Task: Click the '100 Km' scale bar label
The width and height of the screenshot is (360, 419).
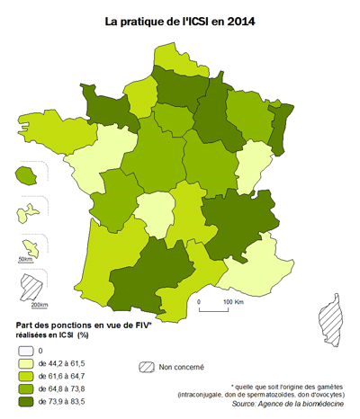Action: (233, 301)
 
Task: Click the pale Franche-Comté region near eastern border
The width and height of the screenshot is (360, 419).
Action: (254, 163)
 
